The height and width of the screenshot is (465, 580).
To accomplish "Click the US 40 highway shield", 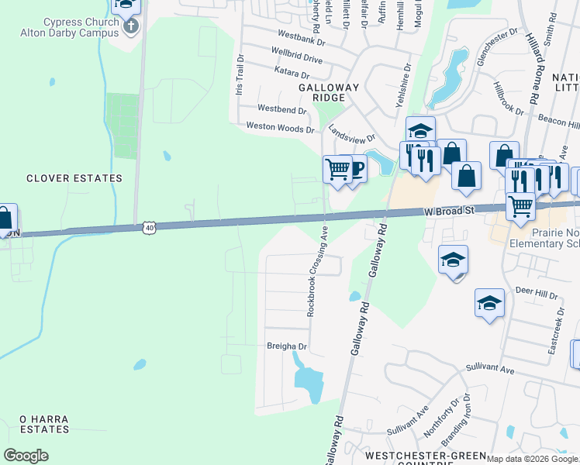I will (150, 227).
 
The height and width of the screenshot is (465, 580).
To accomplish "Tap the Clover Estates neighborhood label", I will (74, 178).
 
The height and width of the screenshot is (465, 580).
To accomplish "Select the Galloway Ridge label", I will (329, 92).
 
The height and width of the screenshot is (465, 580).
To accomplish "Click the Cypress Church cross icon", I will (131, 26).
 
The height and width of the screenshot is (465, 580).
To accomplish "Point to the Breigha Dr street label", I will (287, 346).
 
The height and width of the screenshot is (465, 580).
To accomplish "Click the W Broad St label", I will (447, 212).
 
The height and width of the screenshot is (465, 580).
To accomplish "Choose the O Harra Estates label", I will (44, 424).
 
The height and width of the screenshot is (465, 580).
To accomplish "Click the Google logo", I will (26, 456).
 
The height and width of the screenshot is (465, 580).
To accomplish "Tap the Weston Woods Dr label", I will (281, 126).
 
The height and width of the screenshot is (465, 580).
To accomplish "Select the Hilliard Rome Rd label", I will (532, 69).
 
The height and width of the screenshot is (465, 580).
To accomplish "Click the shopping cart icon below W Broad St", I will (520, 205).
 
